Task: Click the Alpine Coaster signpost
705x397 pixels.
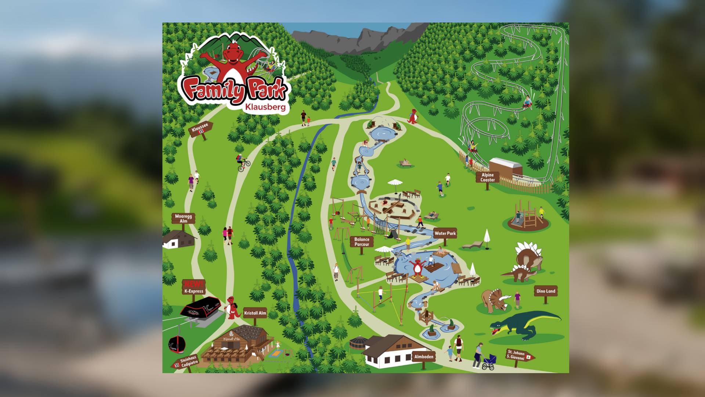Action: (488, 178)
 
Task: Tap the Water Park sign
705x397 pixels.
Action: (445, 233)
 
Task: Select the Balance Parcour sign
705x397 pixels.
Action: (362, 242)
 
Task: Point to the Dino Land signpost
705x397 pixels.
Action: (546, 291)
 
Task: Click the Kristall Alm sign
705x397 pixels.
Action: (255, 313)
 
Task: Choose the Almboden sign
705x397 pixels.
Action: (424, 357)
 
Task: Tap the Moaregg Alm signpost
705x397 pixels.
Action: (183, 219)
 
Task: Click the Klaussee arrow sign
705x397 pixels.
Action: (200, 129)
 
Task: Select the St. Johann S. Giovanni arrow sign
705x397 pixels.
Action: (519, 355)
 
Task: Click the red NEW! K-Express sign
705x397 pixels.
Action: (194, 287)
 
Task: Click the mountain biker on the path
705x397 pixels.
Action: (242, 162)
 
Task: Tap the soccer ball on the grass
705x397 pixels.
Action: (442, 195)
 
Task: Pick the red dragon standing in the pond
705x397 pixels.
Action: (418, 267)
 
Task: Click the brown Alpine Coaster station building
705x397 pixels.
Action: (506, 168)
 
